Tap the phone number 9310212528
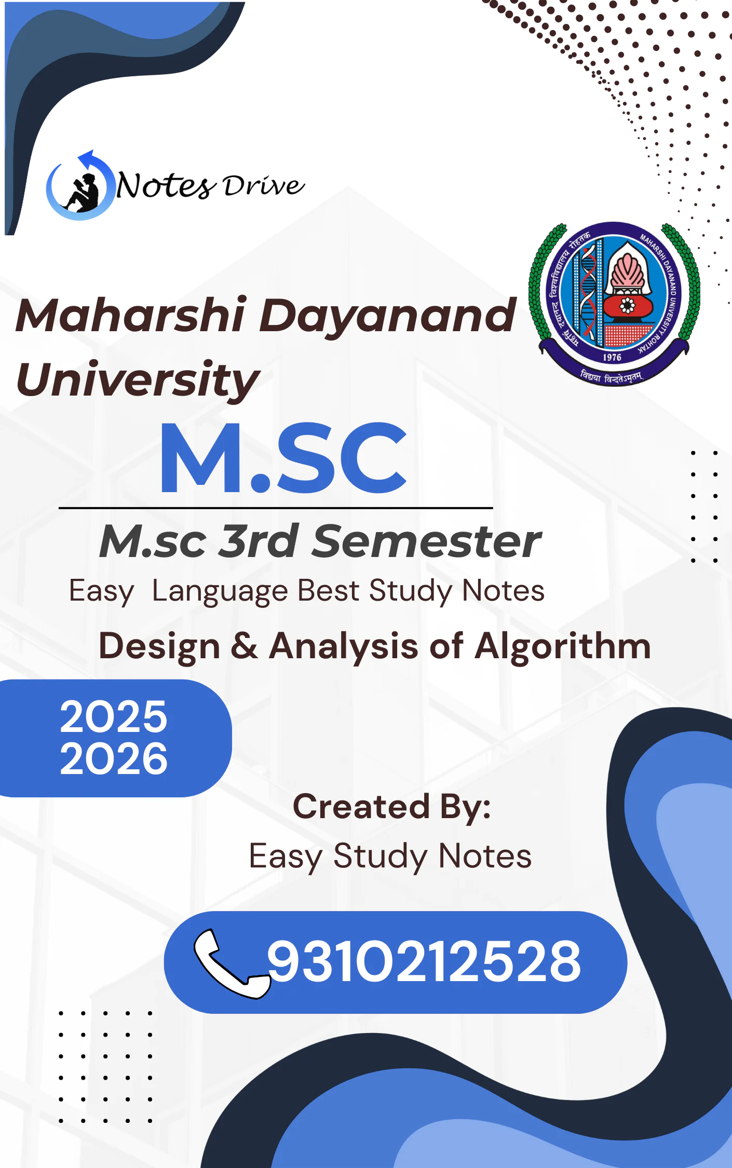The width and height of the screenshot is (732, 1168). tap(424, 962)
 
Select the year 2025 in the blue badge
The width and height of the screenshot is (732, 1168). tap(114, 717)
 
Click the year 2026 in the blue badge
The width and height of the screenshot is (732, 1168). tap(114, 758)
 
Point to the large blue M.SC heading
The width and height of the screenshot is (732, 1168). tap(283, 457)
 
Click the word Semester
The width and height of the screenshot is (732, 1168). tap(427, 541)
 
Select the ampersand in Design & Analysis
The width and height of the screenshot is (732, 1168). tap(244, 646)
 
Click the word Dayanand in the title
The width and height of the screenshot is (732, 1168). tap(387, 315)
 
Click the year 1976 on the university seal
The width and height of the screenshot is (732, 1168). tap(612, 357)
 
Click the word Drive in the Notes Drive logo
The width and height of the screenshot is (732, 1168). tap(263, 186)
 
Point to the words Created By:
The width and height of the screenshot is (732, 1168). tap(392, 807)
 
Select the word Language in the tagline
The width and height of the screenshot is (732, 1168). tap(220, 591)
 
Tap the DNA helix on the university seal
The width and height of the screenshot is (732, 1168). tap(588, 296)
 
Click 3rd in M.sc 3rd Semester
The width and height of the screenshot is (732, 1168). tap(258, 541)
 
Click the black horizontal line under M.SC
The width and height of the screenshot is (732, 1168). tap(275, 508)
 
